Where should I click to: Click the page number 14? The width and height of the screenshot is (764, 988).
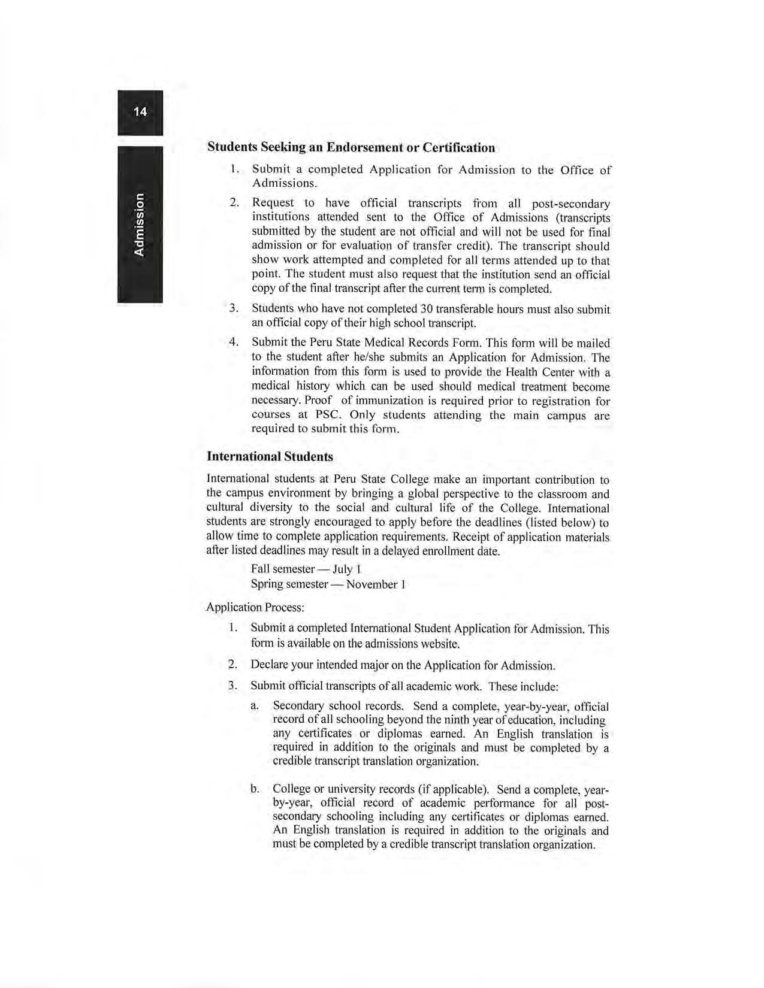tap(140, 112)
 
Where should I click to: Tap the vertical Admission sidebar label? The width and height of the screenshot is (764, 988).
tap(139, 224)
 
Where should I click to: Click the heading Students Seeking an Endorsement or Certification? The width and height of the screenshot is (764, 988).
tap(351, 147)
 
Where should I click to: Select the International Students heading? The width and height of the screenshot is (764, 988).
tap(270, 457)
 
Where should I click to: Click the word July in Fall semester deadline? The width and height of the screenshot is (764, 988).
tap(342, 569)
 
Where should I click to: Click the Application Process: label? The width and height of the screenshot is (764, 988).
tap(255, 607)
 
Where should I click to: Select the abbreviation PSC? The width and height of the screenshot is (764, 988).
tap(328, 415)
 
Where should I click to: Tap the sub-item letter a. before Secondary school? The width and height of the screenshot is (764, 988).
tap(255, 707)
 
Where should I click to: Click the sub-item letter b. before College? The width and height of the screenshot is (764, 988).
tap(255, 789)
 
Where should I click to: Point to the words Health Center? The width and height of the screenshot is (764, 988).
tap(533, 372)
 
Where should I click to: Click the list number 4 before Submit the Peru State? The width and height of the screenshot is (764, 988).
tap(234, 343)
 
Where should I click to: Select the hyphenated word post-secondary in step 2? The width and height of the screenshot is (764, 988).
tap(571, 204)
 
